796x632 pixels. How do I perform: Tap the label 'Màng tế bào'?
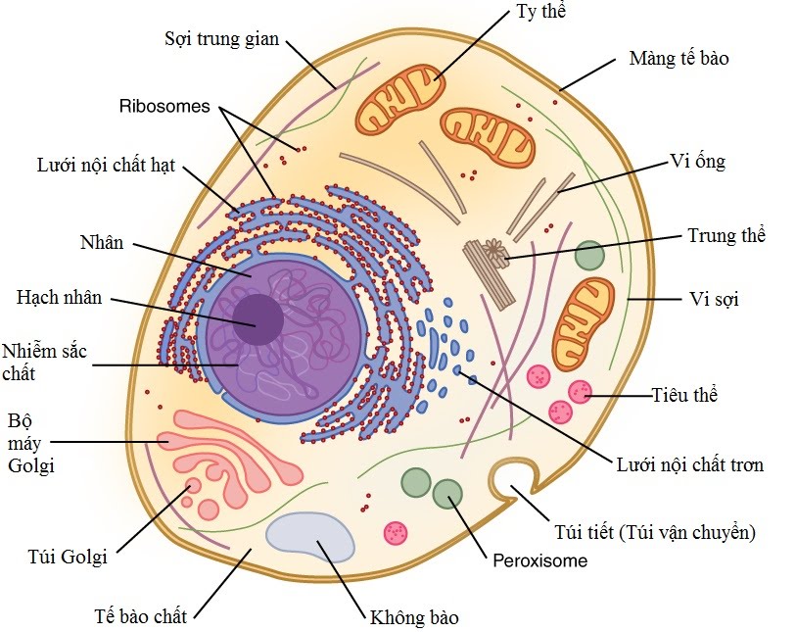679,59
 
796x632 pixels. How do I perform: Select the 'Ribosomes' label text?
165,106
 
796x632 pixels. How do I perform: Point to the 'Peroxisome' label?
539,561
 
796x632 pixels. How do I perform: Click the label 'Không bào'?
413,617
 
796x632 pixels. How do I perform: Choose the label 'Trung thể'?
726,235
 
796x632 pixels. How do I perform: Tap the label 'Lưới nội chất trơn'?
689,463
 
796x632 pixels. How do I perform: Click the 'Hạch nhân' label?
60,298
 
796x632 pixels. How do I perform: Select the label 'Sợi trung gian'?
222,40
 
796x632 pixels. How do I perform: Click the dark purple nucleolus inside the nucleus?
258,319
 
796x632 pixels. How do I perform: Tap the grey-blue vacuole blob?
311,537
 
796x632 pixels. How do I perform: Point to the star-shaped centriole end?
497,253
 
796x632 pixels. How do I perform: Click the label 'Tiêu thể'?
684,395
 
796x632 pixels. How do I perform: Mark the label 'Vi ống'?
697,161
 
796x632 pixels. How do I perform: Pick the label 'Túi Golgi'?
68,558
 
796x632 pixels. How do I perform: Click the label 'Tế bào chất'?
140,616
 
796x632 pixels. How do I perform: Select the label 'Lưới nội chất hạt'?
106,165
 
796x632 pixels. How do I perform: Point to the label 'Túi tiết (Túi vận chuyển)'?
653,533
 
